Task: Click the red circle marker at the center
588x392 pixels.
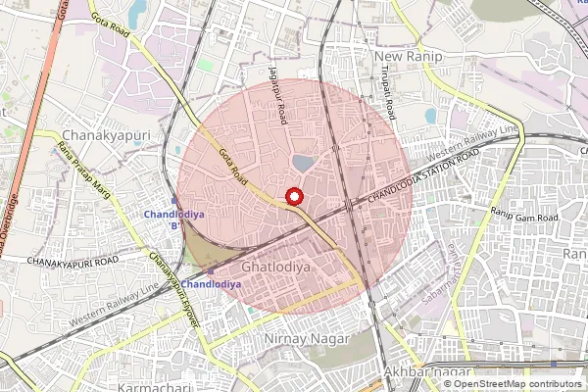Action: pyautogui.click(x=293, y=197)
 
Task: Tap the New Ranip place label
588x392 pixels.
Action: pyautogui.click(x=410, y=58)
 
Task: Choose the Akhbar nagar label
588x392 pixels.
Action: pyautogui.click(x=421, y=373)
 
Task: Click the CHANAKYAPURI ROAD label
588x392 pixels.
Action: pyautogui.click(x=73, y=262)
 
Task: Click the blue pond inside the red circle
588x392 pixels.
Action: pyautogui.click(x=304, y=163)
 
